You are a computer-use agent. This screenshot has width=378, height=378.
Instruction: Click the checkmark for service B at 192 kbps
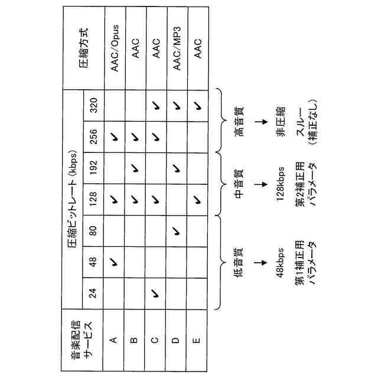point(135,169)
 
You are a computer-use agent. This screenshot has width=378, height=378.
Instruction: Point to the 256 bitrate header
point(93,138)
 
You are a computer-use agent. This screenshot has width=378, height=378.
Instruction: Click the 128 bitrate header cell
point(93,200)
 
